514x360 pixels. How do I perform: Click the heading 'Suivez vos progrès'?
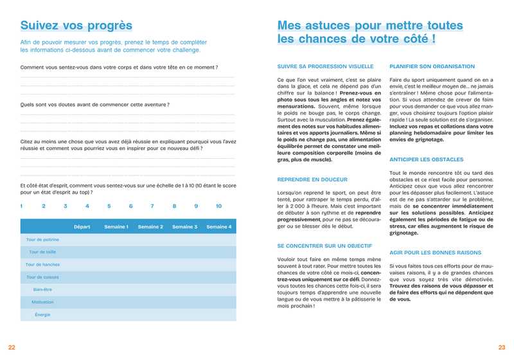tap(76, 26)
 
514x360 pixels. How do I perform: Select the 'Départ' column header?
tap(82, 226)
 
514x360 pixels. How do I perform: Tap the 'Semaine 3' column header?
tap(184, 226)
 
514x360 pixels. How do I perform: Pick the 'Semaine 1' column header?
tap(116, 226)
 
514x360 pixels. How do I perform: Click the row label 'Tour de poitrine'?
tap(42, 239)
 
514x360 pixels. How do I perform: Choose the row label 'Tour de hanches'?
tap(42, 264)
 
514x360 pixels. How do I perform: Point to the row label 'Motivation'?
tap(42, 302)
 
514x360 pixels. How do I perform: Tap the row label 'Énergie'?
tap(42, 314)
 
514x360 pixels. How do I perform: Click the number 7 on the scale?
tap(152, 206)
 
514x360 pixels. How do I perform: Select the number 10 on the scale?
tap(218, 206)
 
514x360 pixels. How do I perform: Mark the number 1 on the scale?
tap(21, 206)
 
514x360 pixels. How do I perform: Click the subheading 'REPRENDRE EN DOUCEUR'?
tap(312, 179)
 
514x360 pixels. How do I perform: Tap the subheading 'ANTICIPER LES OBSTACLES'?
tap(426, 159)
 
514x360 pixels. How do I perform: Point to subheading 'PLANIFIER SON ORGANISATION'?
tap(431, 66)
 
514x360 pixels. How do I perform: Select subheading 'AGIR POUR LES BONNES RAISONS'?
tap(435, 253)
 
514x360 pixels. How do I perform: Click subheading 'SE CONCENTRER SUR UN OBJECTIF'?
tap(324, 246)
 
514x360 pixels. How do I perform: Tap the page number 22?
tap(12, 347)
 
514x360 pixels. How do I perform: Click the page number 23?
tap(502, 347)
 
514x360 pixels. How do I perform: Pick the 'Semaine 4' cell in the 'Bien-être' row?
tap(218, 289)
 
